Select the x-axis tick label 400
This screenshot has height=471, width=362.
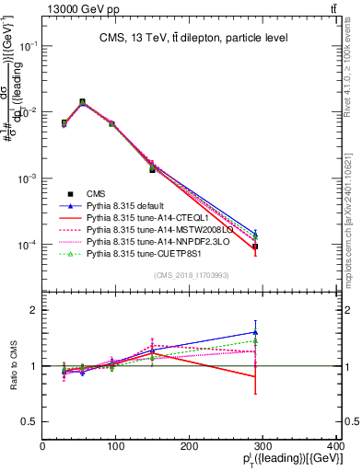pos(337,447)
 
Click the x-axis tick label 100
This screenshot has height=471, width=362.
pos(116,447)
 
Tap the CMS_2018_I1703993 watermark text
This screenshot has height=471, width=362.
pos(192,274)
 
